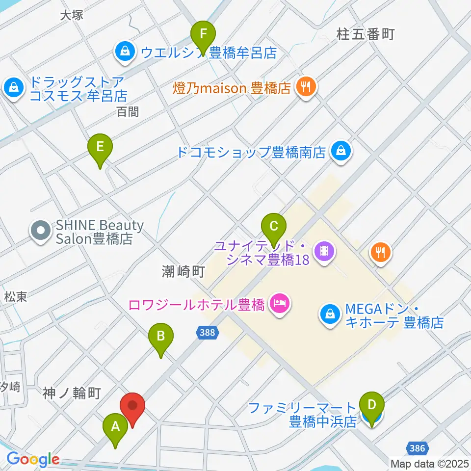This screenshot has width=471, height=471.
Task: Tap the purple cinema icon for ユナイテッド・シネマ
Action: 324,251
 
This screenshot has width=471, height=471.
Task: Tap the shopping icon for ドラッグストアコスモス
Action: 14,88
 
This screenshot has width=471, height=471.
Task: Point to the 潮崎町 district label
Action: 183,271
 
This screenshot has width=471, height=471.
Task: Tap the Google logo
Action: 33,459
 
